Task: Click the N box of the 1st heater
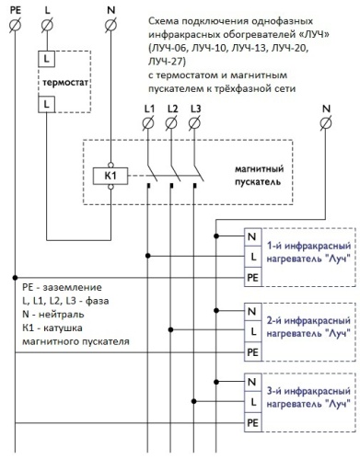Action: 252,236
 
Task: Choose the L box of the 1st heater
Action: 252,256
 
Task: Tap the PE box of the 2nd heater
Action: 252,351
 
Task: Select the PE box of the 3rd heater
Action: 252,422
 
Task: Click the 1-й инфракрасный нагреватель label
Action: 306,252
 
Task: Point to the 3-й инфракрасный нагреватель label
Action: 306,398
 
